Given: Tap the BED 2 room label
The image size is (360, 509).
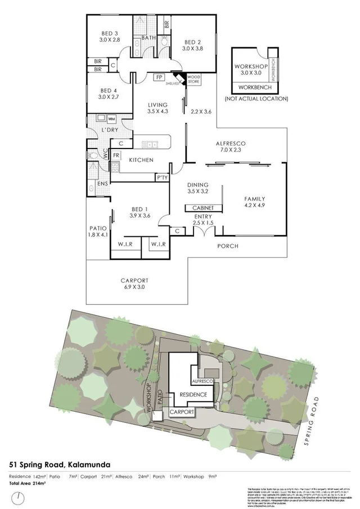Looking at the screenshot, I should pos(192,42).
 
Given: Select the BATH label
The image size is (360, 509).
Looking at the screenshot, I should pos(149,38).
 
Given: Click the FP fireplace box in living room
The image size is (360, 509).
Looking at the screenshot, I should pos(159,78).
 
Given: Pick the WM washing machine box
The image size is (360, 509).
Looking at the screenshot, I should pos(111,119).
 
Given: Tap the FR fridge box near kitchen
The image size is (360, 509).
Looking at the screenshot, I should pos(116,155).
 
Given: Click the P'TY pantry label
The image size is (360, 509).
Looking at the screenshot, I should pos(162,177).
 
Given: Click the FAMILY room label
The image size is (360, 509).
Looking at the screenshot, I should pos(254,199).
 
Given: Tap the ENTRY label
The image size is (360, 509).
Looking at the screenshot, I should pos(203,217).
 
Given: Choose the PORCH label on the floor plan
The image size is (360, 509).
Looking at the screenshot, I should pos(228,246).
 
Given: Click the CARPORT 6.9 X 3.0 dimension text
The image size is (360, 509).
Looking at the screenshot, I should pos(134,287).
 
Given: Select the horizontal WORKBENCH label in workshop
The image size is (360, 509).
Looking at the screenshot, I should pos(255,88).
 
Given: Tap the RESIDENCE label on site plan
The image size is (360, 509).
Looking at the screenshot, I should pos(193,394).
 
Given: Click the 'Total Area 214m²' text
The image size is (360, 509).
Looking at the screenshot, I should pos(26,483).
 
